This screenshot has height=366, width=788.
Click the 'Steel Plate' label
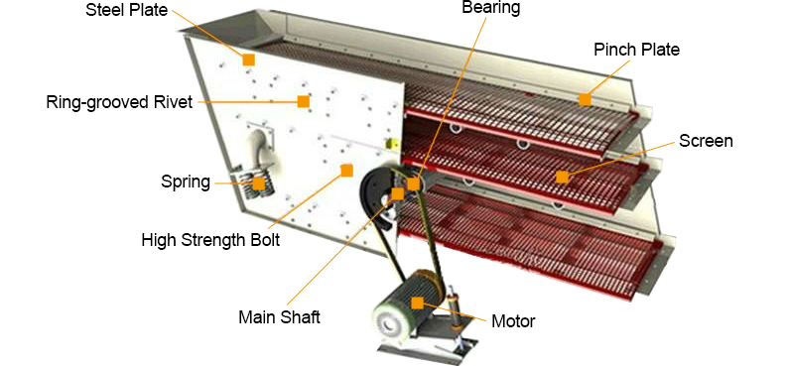(127, 10)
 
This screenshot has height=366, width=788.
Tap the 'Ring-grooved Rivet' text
(120, 102)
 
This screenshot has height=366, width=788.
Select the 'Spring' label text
(186, 182)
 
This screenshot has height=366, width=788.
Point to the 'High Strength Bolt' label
(210, 239)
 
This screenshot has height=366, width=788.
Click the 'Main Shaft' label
(279, 317)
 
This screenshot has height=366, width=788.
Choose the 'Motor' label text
(513, 320)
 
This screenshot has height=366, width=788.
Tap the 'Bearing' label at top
(491, 8)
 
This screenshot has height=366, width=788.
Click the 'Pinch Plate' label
(637, 50)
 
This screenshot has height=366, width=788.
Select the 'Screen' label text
(706, 141)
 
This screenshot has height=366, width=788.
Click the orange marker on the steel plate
(248, 60)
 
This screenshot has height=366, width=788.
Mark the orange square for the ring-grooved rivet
(303, 101)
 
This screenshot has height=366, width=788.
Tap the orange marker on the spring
(259, 183)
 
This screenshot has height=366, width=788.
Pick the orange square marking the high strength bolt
(346, 171)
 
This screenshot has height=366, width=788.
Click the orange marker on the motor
(417, 304)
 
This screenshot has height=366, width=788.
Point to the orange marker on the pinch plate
(585, 99)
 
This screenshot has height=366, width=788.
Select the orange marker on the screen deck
(562, 177)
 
